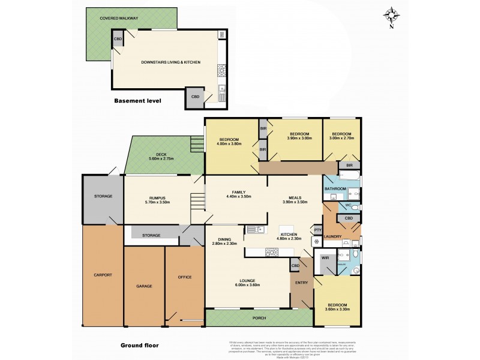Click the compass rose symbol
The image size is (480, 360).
coord(391,16)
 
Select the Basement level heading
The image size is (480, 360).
coord(137,101)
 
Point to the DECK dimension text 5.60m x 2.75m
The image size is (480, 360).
coord(161,158)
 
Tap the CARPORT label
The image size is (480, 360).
coord(103,275)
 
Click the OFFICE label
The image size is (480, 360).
coord(184,277)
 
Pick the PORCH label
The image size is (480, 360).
coord(259,317)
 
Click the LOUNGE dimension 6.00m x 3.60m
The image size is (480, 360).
coord(248,285)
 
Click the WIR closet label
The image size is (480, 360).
coord(325,257)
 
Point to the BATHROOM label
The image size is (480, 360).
coord(335,189)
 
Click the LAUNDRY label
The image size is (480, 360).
coord(332,236)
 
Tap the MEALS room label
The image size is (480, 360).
coord(294,198)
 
